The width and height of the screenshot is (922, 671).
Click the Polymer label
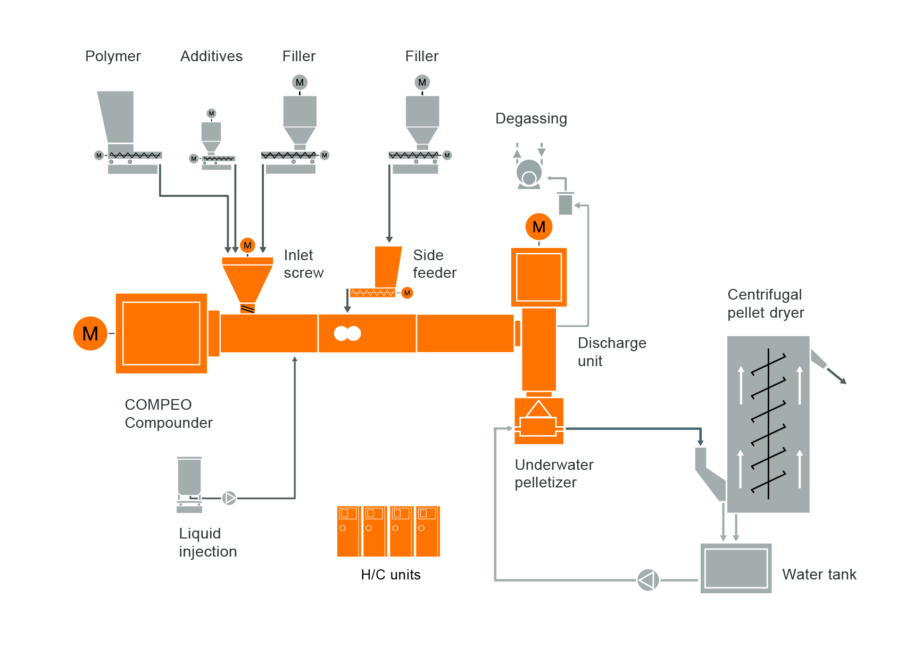coord(113,56)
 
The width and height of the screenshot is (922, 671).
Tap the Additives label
coord(211,56)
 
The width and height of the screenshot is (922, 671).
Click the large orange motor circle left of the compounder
coord(90,334)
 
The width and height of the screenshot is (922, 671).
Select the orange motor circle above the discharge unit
coord(539,227)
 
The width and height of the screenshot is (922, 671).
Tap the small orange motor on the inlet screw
coord(247,245)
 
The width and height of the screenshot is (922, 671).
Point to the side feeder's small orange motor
coord(407,293)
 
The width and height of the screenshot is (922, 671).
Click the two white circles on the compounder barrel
coord(347,334)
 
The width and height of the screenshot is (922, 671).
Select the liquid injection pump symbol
coord(229,498)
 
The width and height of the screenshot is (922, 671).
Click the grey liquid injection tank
coord(189,476)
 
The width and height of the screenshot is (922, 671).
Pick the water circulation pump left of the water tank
coord(648,580)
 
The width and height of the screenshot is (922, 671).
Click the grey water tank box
coord(736,568)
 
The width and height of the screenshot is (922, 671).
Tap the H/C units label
coord(391,575)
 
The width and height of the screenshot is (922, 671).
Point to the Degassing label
coord(531,119)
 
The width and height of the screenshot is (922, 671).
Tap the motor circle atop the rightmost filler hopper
coord(422,82)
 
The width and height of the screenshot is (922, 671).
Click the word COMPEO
coord(158,405)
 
